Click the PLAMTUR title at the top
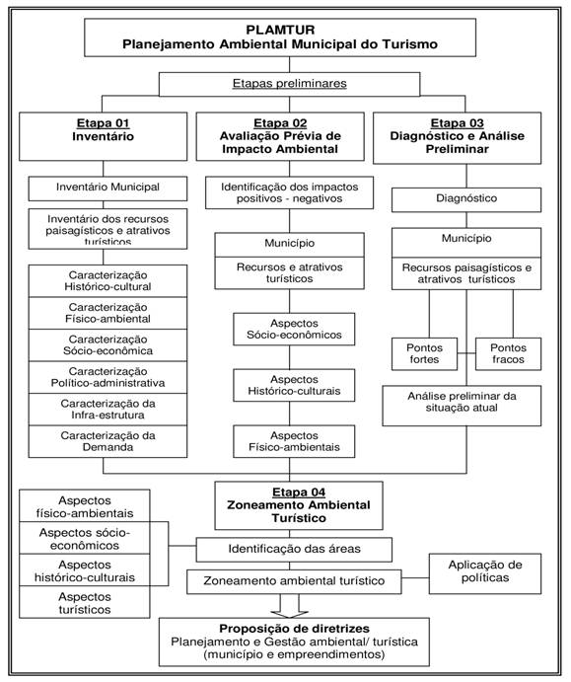tap(280, 30)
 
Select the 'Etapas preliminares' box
tap(289, 84)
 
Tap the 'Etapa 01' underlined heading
tap(103, 123)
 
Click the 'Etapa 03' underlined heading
tap(458, 123)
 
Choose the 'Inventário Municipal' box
tap(107, 189)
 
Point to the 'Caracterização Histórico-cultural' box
tap(107, 281)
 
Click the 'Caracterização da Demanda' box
tap(107, 441)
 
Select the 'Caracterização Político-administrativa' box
tap(107, 377)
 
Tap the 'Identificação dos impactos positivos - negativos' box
tap(289, 192)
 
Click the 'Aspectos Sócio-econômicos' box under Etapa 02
tap(294, 330)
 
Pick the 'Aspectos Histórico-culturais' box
tap(294, 385)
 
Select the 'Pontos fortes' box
tap(425, 354)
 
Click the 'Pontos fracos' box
tap(509, 354)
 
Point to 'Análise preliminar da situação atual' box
tap(462, 406)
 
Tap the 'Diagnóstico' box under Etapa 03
tap(466, 200)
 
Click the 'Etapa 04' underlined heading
tap(299, 492)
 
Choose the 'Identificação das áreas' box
tap(294, 550)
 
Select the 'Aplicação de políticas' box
tap(485, 573)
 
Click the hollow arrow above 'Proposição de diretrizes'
tap(289, 606)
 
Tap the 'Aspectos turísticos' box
tap(85, 602)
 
